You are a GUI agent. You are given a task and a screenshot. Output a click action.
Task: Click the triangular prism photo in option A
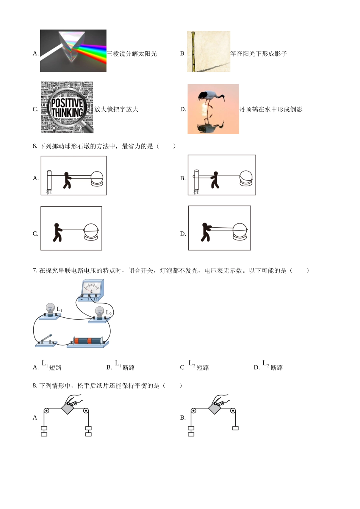pyautogui.click(x=73, y=51)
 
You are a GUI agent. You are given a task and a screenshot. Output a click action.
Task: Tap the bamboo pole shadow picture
pyautogui.click(x=208, y=52)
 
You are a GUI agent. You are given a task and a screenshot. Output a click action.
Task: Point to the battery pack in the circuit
pyautogui.click(x=88, y=341)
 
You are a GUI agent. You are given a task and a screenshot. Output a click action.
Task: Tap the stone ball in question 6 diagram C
pyautogui.click(x=91, y=231)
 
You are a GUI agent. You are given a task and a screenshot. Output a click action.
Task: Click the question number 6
pyautogui.click(x=35, y=146)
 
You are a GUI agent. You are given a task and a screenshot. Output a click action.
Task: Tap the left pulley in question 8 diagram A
pyautogui.click(x=46, y=411)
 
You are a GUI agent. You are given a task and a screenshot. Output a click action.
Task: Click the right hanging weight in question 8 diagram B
pyautogui.click(x=235, y=428)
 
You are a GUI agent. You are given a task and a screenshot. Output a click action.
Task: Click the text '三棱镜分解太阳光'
pyautogui.click(x=131, y=54)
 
